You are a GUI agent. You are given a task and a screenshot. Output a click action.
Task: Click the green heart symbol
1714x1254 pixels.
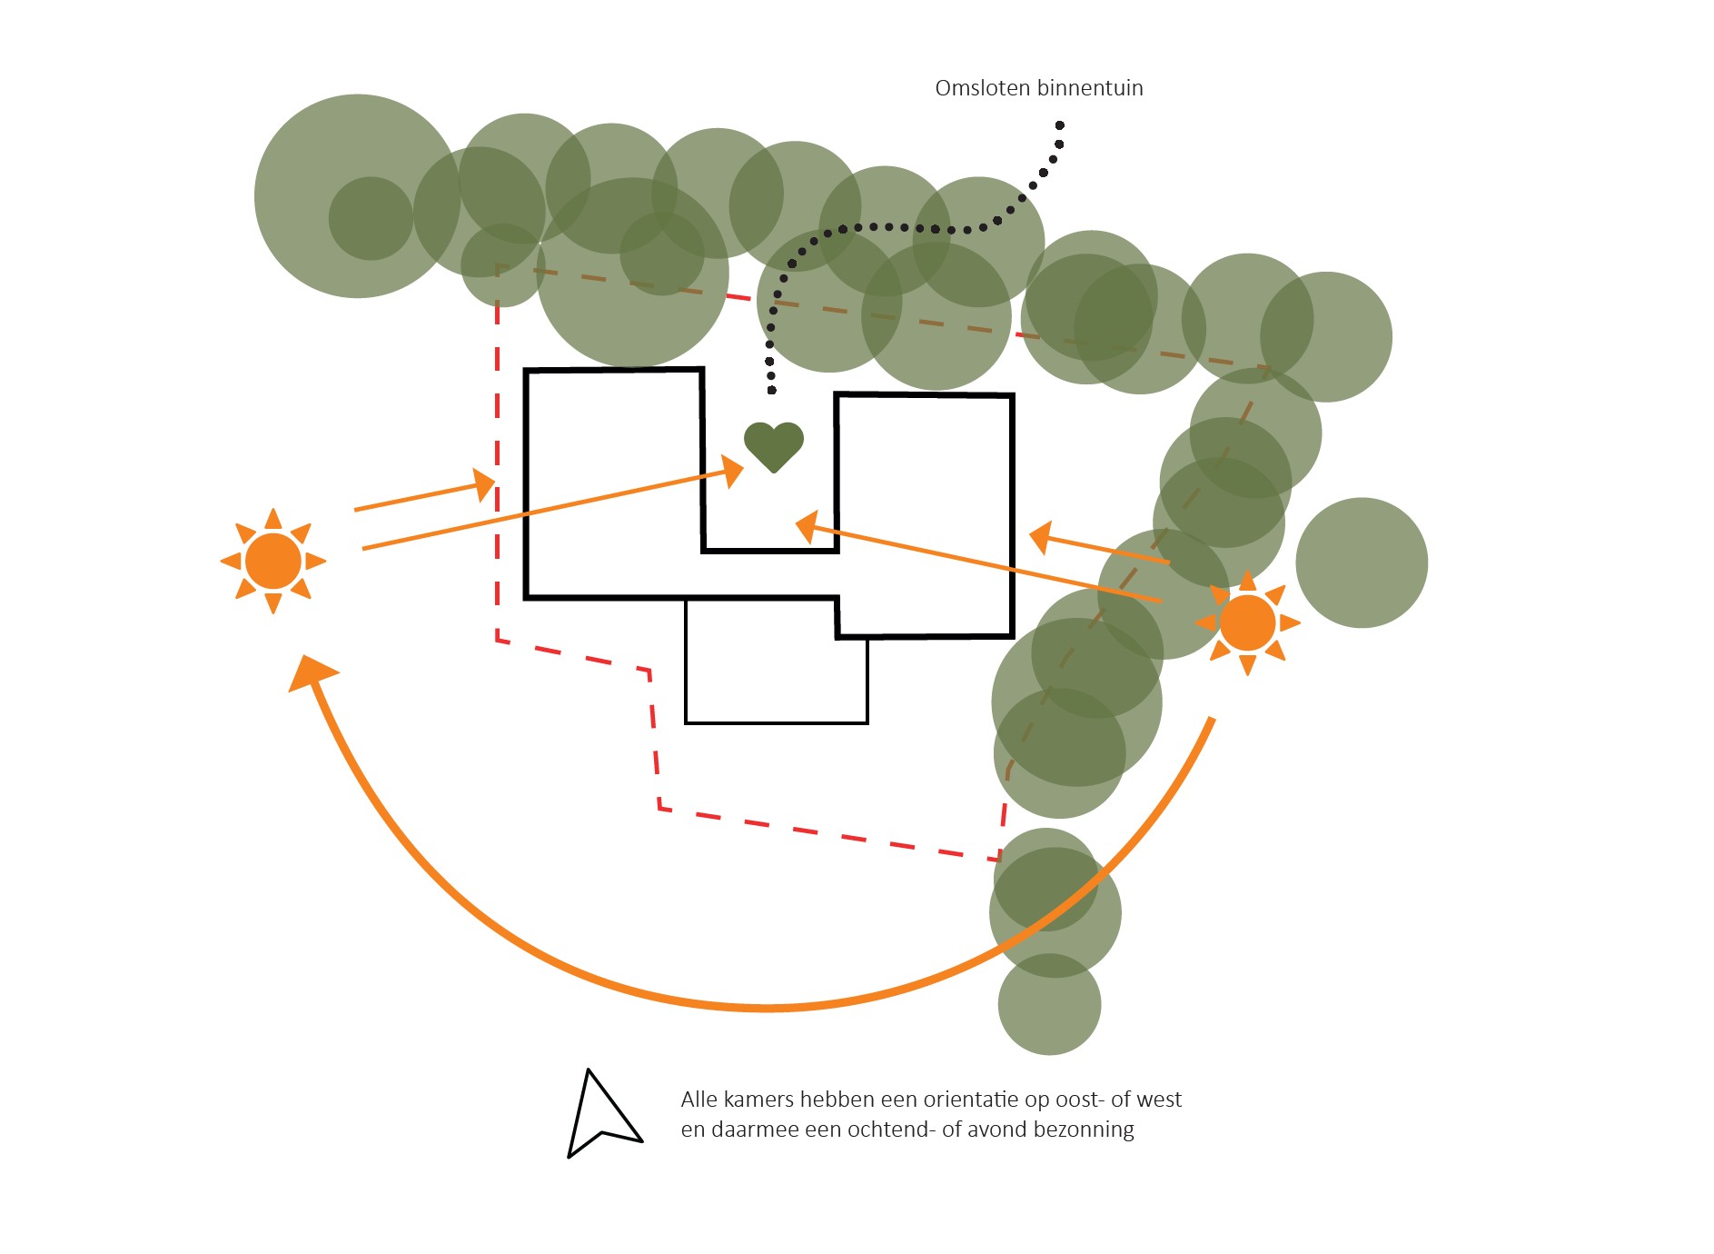(774, 446)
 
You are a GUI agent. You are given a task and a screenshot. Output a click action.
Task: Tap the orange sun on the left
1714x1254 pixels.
(273, 561)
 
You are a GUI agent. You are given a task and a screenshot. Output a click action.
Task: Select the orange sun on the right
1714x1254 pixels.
(1247, 622)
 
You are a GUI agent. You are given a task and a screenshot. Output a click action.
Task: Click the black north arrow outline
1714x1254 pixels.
(599, 1116)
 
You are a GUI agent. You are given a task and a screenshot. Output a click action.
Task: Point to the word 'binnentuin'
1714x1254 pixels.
(1090, 88)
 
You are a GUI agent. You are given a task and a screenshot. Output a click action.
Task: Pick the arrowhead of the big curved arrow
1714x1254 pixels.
(311, 673)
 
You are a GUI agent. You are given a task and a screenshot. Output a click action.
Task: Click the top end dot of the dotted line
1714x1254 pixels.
(1060, 125)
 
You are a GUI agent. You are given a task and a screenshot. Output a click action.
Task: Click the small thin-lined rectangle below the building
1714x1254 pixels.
(777, 661)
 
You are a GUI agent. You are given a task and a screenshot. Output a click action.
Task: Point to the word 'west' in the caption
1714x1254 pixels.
(1158, 1100)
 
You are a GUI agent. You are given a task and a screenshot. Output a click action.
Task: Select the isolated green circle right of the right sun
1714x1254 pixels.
(1362, 562)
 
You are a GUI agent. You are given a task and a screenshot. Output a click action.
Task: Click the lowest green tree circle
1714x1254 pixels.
(1049, 1004)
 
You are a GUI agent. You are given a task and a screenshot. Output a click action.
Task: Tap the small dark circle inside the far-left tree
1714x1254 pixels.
(371, 218)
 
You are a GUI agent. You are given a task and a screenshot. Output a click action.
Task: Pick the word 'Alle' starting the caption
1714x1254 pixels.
(699, 1100)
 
